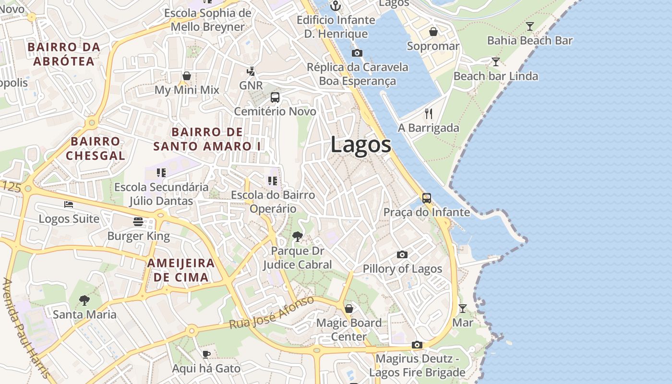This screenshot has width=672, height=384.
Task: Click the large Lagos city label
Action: (x=360, y=145)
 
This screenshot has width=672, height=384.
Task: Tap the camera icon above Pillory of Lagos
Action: (x=402, y=254)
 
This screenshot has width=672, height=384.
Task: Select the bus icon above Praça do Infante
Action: (x=426, y=198)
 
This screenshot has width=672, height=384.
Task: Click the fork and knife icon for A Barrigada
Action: (x=429, y=114)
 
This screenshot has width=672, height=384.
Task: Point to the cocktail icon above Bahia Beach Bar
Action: (x=530, y=26)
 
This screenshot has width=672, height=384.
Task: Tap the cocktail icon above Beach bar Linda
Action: (x=496, y=62)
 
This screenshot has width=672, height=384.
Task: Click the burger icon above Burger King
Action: (x=138, y=221)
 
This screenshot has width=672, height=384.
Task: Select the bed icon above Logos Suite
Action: (x=69, y=204)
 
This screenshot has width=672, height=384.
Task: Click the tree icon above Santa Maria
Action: (x=84, y=300)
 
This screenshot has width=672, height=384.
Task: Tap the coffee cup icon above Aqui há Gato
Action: (x=206, y=355)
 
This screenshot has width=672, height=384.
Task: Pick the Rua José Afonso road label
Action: (x=272, y=312)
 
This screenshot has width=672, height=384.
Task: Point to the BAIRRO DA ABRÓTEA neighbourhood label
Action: (x=64, y=54)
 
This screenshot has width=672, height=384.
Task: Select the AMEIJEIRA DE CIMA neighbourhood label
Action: (x=181, y=270)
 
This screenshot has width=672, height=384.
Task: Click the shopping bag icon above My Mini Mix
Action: (x=187, y=76)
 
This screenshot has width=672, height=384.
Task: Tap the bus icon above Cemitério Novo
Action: (x=275, y=97)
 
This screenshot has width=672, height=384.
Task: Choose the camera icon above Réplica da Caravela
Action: (x=357, y=53)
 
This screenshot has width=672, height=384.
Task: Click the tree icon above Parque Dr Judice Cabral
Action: (x=298, y=236)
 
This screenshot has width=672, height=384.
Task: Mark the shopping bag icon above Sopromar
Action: (x=433, y=32)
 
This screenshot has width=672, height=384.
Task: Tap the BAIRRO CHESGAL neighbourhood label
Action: (x=95, y=148)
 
